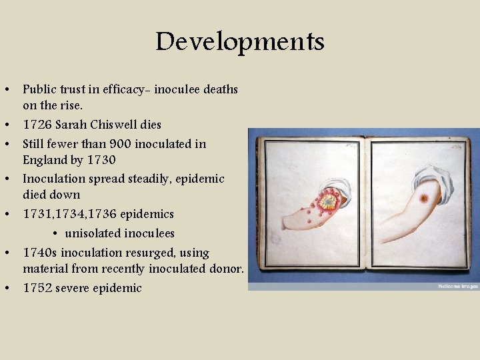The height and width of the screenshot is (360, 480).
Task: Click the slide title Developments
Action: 240,41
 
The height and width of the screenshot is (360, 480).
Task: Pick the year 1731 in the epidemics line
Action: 35,214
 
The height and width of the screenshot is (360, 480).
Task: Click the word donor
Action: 226,269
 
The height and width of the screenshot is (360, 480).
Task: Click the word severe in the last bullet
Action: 73,289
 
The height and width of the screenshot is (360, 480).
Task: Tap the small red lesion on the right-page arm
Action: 423,199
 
